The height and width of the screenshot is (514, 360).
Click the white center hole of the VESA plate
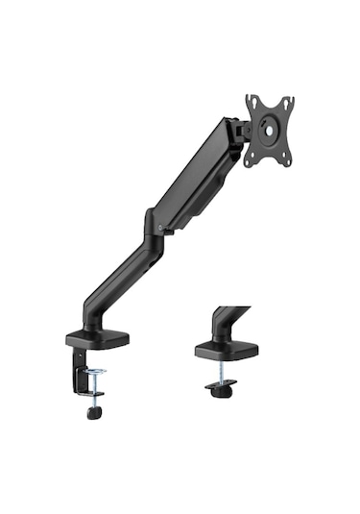(x=270, y=131)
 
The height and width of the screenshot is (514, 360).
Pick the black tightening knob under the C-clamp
(x=94, y=413)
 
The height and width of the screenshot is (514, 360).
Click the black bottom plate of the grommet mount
(x=220, y=387)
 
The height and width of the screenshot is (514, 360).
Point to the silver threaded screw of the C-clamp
(x=93, y=394)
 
